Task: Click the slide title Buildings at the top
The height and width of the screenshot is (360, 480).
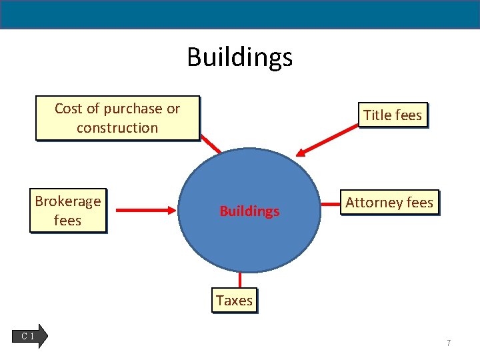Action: tap(239, 57)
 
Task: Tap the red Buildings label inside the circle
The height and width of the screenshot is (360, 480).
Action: tap(249, 211)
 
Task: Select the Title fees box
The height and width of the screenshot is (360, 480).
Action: tap(393, 115)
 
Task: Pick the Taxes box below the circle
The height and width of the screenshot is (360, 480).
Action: tap(234, 301)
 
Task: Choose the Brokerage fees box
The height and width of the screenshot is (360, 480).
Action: tap(67, 211)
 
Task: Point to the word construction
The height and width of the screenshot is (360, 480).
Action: tap(117, 127)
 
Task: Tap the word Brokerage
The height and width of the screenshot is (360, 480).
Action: tap(68, 201)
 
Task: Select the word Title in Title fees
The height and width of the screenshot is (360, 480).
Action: tap(377, 115)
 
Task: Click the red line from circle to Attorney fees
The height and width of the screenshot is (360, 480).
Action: tap(332, 202)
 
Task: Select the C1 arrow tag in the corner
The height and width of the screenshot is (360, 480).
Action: tap(31, 336)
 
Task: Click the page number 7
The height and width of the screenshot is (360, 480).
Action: tap(449, 343)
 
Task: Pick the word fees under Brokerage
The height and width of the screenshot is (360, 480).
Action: tap(67, 221)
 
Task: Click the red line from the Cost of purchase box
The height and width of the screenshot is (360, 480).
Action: tap(210, 145)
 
